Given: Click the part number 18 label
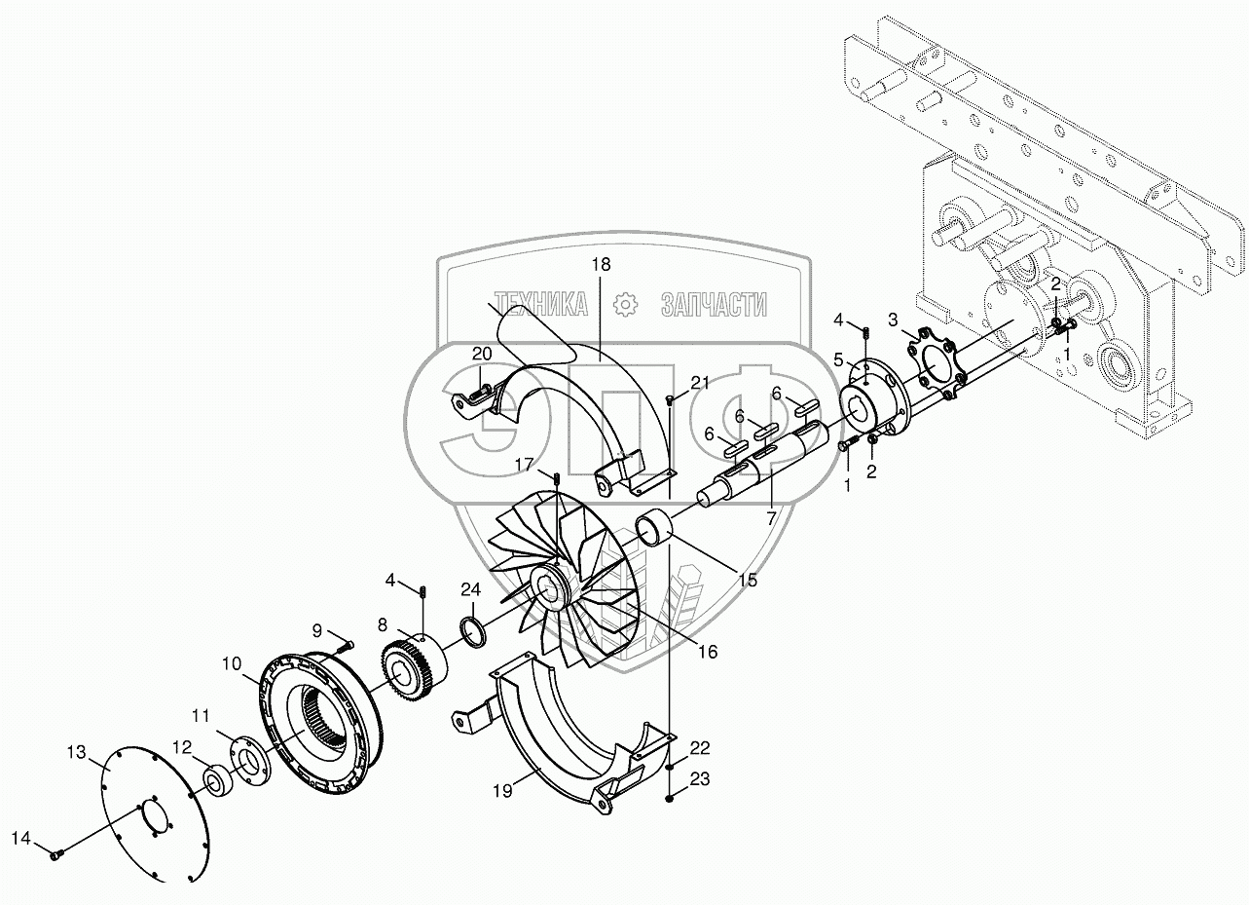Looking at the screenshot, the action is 601,264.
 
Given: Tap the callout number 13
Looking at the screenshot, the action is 77,752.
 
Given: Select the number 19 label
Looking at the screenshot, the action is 502,791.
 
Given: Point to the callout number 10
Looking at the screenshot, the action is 232,663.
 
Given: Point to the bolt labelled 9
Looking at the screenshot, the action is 346,647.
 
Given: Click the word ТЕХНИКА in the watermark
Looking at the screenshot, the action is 540,304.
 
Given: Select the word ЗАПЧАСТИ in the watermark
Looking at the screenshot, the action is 714,304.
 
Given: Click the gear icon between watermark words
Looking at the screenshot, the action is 625,304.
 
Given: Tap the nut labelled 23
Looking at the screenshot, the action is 669,799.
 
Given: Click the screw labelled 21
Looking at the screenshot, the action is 670,398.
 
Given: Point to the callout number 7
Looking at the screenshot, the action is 771,519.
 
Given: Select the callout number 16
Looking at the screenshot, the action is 708,651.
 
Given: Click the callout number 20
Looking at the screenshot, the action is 482,354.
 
